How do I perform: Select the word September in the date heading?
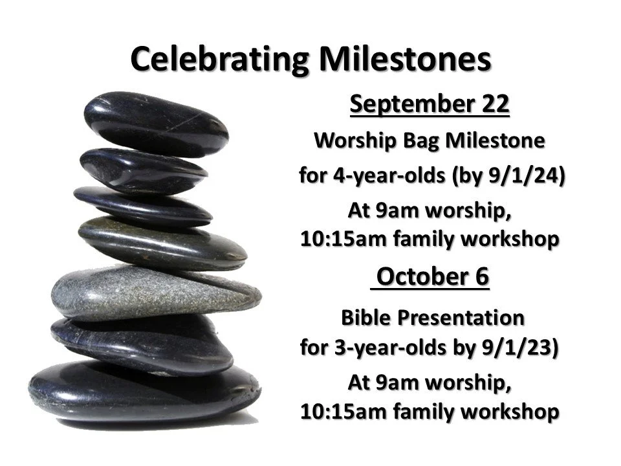406,105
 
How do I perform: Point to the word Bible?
367,318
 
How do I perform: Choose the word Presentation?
460,318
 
